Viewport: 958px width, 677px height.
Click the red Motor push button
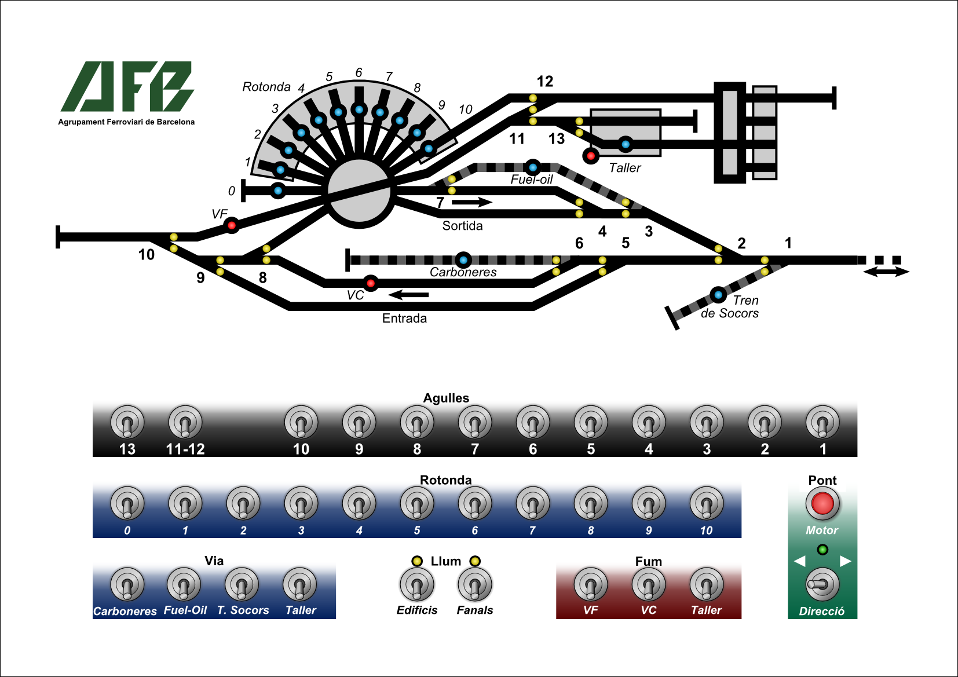click(822, 503)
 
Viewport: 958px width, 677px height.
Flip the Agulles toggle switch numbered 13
click(127, 423)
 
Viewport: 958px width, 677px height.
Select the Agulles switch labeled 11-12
click(185, 423)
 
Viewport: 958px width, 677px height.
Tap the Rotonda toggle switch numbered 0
click(127, 504)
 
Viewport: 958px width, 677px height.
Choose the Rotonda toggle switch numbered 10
click(707, 504)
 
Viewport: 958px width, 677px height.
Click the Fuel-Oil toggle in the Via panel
click(184, 585)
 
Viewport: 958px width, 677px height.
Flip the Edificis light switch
click(417, 585)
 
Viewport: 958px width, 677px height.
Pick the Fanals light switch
click(475, 585)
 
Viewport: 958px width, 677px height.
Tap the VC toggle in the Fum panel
click(649, 585)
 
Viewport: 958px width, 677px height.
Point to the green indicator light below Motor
click(822, 549)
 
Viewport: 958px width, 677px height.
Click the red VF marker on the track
click(232, 225)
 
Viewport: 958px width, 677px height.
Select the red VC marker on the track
click(371, 283)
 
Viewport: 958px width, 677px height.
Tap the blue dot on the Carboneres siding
click(463, 260)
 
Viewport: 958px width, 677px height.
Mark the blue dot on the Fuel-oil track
click(533, 167)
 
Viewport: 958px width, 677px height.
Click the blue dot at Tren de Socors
click(718, 295)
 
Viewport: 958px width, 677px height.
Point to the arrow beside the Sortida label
click(471, 202)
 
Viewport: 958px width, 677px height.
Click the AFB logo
click(127, 87)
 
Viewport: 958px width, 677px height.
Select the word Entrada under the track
click(404, 318)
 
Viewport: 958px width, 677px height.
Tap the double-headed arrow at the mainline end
click(886, 272)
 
